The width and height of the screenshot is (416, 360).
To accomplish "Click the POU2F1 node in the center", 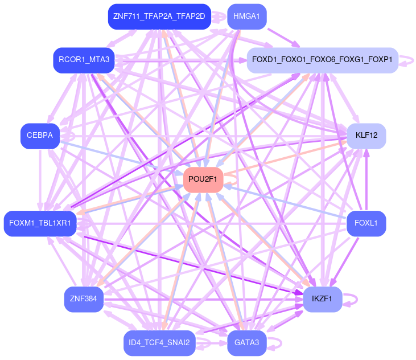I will tap(203, 179).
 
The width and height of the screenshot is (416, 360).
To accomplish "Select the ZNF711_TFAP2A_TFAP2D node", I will tap(159, 17).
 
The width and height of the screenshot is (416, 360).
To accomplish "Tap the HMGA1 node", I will tap(246, 17).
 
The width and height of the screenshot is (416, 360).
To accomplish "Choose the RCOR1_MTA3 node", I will tap(84, 58).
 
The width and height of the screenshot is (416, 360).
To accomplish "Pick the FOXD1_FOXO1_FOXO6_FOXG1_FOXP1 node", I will tap(322, 60).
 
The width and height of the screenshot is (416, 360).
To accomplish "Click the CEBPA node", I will tap(40, 136).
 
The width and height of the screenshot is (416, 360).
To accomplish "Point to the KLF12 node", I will tap(366, 136).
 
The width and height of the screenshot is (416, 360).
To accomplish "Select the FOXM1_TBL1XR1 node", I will tap(40, 223).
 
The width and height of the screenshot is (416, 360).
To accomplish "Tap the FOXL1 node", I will tap(366, 223).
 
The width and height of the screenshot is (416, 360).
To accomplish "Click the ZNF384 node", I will tap(84, 298).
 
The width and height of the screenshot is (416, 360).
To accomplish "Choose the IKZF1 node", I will tap(322, 298).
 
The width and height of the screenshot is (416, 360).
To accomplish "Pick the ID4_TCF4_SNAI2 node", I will tap(159, 343).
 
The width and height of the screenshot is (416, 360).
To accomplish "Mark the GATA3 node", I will tap(246, 343).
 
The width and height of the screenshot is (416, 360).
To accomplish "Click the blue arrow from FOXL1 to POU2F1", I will tap(285, 201).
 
